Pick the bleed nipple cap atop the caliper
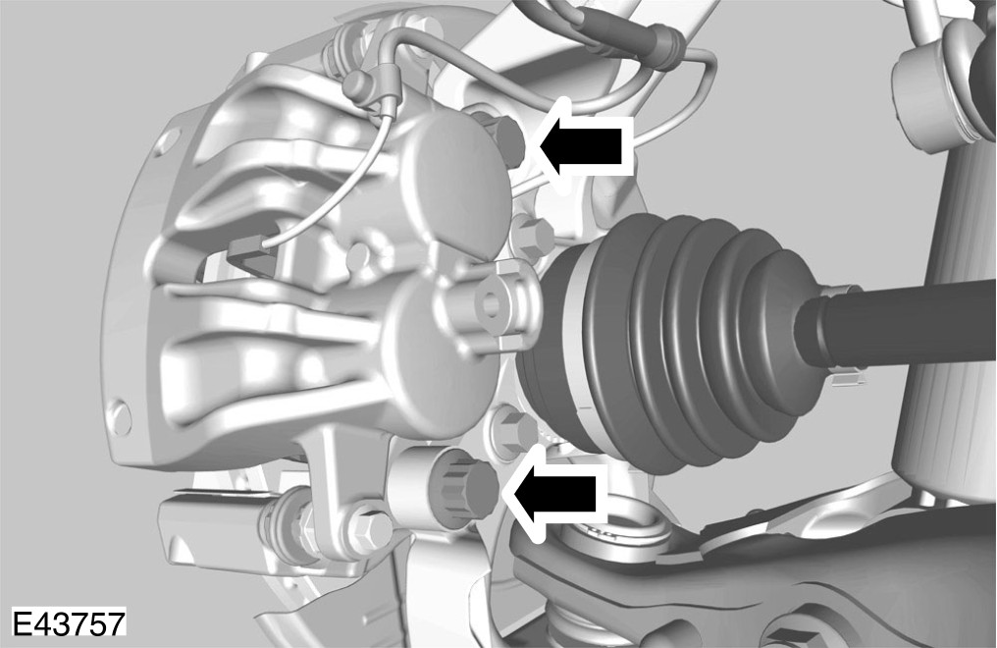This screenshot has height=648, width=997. coord(358,84)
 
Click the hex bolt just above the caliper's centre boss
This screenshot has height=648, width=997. coord(530,235)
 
